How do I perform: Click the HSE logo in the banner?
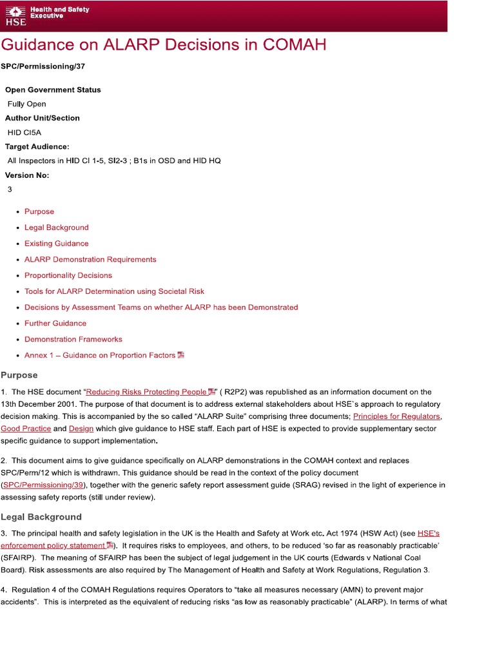(15, 15)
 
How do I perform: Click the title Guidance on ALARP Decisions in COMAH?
(163, 44)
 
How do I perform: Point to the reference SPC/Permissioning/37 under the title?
(43, 66)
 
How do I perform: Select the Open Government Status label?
(53, 90)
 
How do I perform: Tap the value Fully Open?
(26, 104)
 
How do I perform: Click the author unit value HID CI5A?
(24, 132)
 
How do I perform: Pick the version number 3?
(10, 189)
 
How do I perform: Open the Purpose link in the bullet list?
(39, 211)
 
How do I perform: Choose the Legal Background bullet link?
(57, 228)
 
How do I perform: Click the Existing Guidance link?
(57, 244)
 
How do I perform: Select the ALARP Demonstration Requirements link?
(90, 259)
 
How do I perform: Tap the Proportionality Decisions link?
(68, 275)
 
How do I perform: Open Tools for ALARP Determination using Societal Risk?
(114, 291)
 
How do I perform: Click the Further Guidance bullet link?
(55, 323)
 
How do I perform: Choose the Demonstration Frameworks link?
(73, 339)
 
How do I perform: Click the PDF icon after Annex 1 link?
(181, 354)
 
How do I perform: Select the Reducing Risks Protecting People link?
(146, 392)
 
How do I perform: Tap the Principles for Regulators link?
(396, 416)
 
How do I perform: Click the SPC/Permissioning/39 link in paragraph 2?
(44, 485)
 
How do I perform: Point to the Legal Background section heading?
(41, 517)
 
